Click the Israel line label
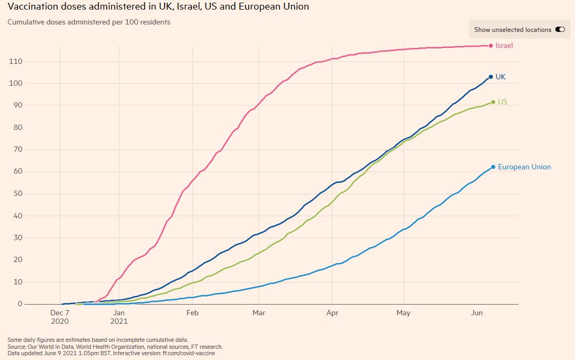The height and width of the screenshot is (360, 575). coord(504,46)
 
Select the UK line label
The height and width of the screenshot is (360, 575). coord(500,77)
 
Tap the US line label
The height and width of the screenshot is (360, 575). coord(502,102)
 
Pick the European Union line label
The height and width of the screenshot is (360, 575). coord(524,167)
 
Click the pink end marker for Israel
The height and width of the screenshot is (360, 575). coord(491,46)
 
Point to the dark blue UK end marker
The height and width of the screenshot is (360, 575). coord(491,77)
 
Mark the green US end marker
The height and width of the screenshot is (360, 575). coord(493,102)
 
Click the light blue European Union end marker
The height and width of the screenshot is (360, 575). coord(493,167)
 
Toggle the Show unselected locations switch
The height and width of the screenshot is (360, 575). coord(560,30)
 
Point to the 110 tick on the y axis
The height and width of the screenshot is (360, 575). coord(16,61)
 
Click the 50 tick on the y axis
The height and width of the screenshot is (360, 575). coord(18,193)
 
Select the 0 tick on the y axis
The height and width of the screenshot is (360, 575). coord(20,304)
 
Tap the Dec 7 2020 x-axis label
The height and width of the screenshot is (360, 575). coord(60,317)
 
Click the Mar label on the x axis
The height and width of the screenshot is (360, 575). coord(258,313)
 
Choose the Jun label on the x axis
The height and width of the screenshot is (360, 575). coord(476,313)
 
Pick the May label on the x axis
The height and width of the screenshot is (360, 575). coord(403,313)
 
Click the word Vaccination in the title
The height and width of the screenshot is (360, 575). coord(33,7)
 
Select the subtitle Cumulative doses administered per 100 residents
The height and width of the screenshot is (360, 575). coord(88,22)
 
